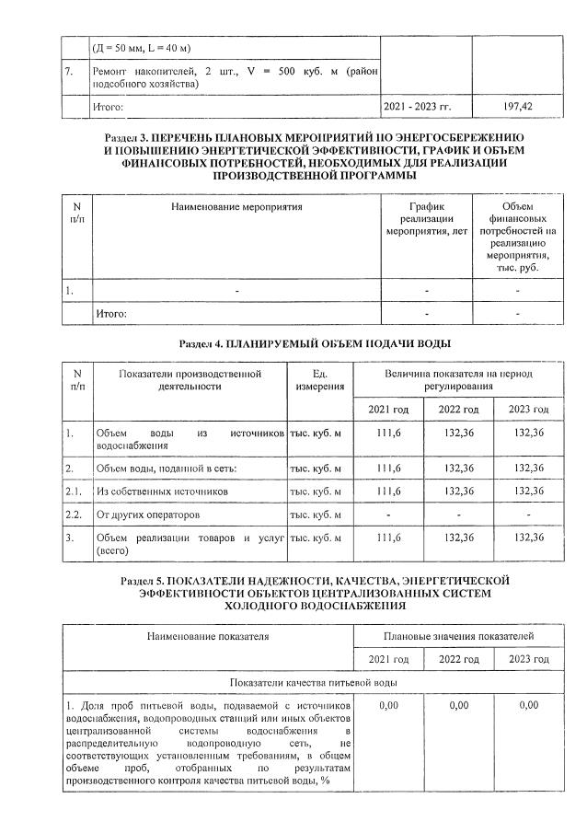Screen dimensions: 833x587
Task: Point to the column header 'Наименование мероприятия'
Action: click(236, 207)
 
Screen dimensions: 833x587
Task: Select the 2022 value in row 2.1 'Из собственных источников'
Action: click(457, 492)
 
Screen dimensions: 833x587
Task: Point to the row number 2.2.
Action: click(74, 515)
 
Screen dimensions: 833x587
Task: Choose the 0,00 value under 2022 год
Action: click(457, 705)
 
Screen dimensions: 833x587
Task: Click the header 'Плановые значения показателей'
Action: click(457, 636)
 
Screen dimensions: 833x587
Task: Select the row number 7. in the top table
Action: click(70, 71)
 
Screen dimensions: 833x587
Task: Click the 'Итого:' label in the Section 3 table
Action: click(111, 314)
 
